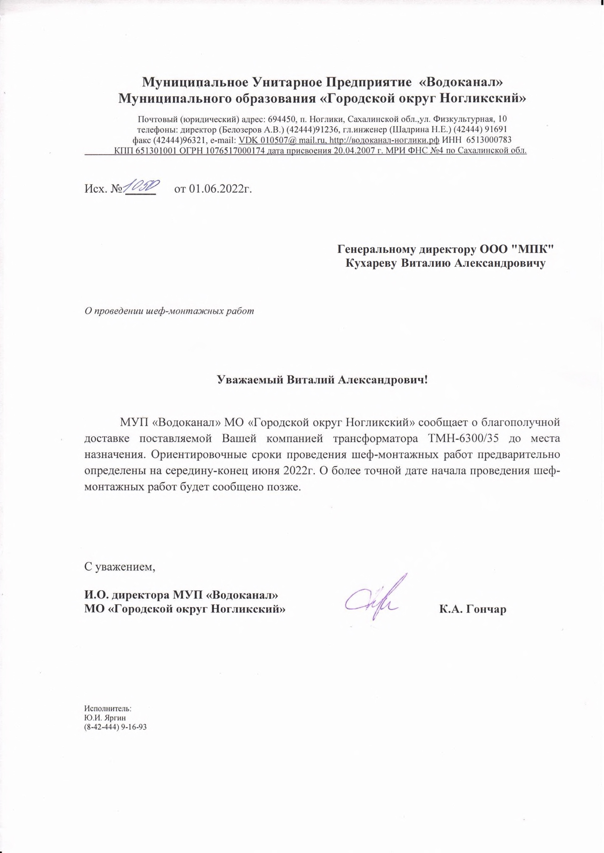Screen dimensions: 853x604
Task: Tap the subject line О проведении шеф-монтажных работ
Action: pyautogui.click(x=169, y=311)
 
